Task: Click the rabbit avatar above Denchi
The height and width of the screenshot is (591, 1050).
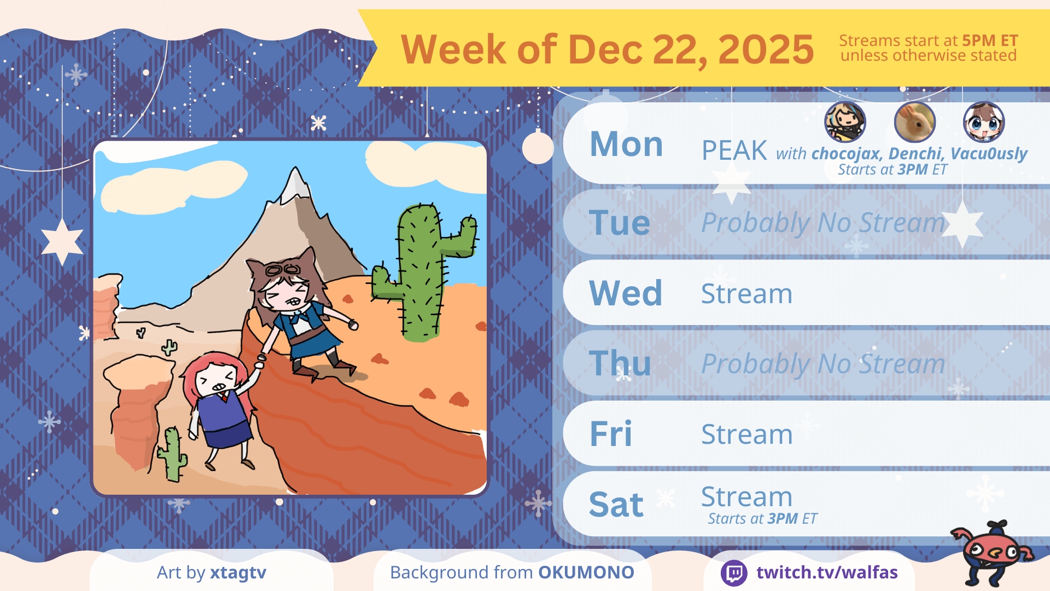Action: tap(914, 122)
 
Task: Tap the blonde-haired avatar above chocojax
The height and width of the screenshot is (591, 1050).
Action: tap(845, 122)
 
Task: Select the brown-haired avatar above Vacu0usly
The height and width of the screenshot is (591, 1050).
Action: tap(984, 122)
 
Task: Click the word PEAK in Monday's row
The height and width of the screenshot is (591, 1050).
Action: tap(734, 150)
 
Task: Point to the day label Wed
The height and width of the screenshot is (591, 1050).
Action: tap(626, 293)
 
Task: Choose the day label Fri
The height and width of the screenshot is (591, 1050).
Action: tap(611, 434)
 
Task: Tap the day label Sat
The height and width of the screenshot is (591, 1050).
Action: tap(616, 504)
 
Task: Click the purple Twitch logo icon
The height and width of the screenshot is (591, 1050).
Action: tap(734, 573)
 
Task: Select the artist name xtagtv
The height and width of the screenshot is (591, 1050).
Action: tap(238, 573)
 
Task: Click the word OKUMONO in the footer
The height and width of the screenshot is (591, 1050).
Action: tap(586, 572)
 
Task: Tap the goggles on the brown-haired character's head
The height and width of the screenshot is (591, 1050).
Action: tap(283, 270)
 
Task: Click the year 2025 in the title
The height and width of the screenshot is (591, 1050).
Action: tap(766, 49)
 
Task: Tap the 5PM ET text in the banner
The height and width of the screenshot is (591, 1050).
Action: tap(990, 40)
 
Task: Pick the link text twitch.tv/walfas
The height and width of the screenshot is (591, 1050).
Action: tap(827, 572)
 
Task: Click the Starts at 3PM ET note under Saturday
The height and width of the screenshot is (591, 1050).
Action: tap(762, 519)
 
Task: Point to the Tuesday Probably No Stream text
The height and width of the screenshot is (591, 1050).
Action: tap(823, 223)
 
